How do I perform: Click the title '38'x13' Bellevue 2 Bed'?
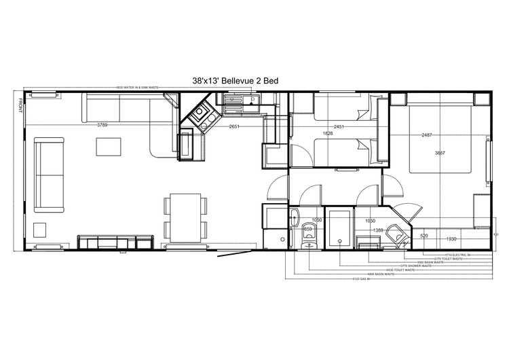[235, 81]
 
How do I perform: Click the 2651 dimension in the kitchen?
[235, 126]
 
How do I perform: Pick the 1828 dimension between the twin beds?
[327, 133]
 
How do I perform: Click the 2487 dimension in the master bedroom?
[428, 134]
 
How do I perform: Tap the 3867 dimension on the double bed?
[440, 154]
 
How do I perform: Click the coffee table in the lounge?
[107, 147]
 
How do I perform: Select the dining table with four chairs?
[185, 216]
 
